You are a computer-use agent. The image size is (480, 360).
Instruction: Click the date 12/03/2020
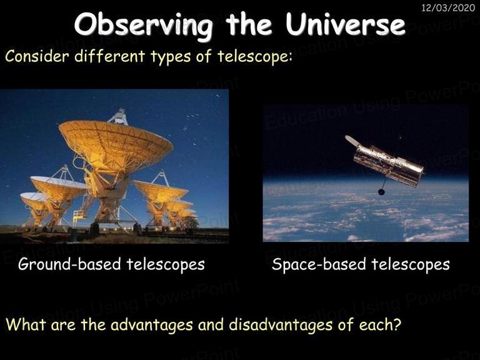coord(448,7)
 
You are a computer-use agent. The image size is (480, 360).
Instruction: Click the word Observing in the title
coord(143,25)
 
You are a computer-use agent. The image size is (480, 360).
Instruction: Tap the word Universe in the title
coord(345,24)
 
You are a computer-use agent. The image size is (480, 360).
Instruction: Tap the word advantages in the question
coord(151,325)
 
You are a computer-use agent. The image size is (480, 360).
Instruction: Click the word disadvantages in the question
coord(281,324)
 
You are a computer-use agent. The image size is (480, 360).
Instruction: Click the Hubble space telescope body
coord(388,164)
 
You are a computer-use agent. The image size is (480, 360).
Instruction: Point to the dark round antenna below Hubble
coord(381,192)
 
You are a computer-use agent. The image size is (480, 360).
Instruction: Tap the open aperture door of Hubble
coord(352,141)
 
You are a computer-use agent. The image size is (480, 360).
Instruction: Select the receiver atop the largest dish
coord(120,117)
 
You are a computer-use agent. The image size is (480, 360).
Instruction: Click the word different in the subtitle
coord(110,56)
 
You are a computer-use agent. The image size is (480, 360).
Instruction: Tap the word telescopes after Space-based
coord(411,264)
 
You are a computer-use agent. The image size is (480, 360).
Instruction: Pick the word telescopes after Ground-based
coord(166,264)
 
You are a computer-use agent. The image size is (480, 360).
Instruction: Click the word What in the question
coord(26,324)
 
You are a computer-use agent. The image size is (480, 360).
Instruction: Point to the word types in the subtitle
coord(171,57)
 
